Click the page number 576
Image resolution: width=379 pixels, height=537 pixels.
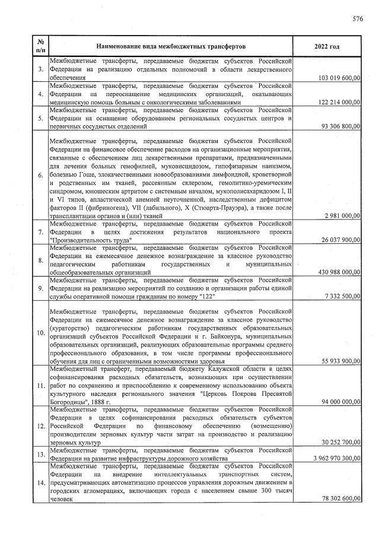pyautogui.click(x=357, y=19)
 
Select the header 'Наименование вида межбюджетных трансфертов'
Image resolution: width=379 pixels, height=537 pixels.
pyautogui.click(x=170, y=46)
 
